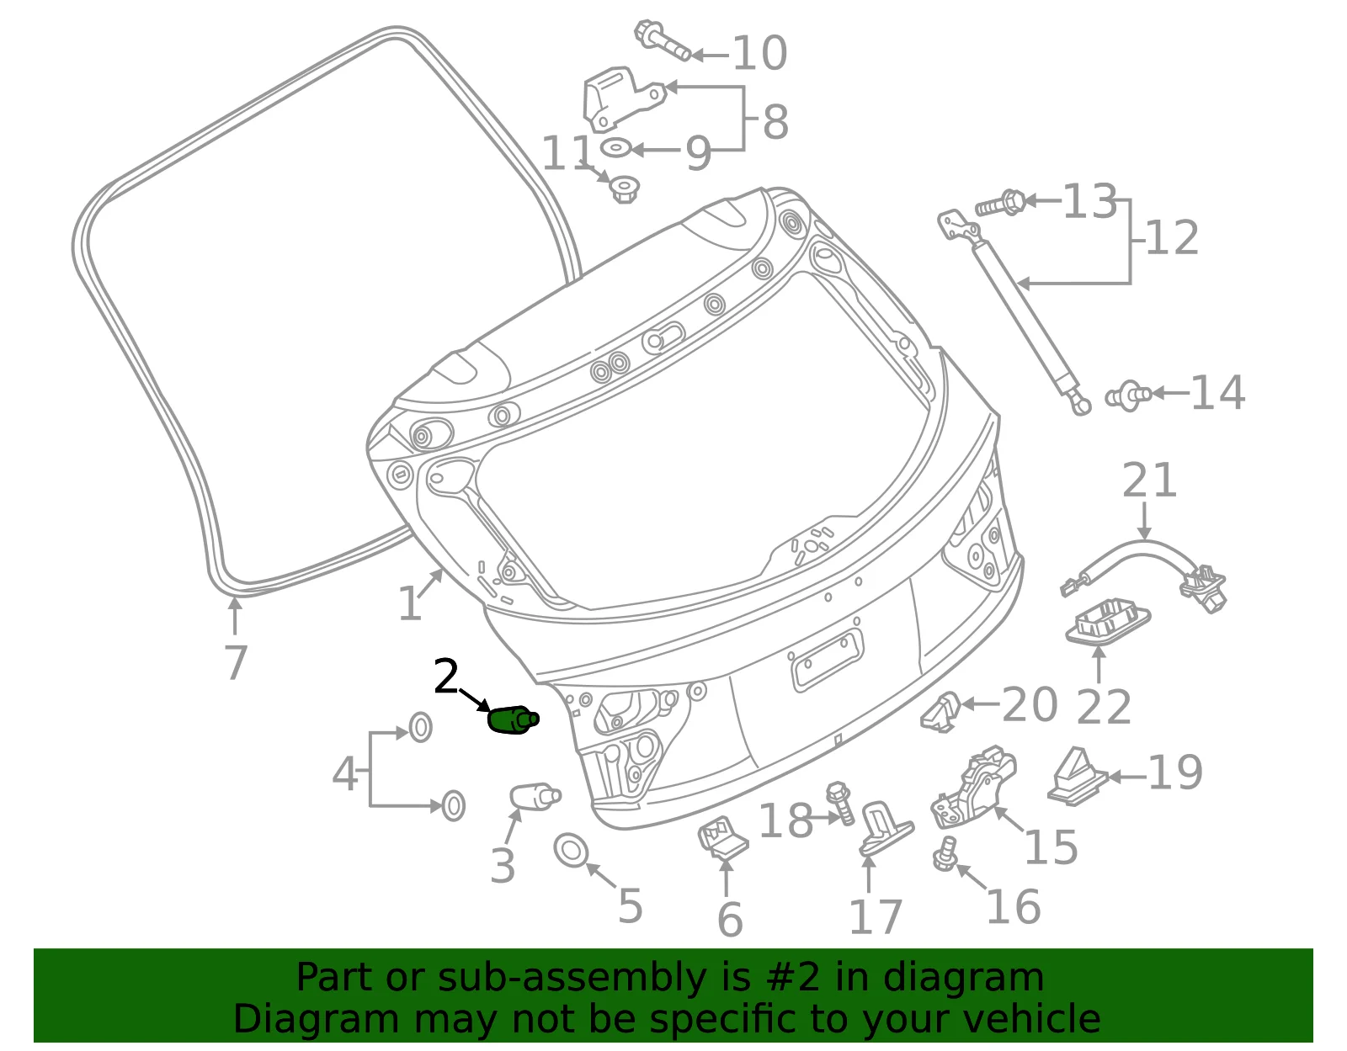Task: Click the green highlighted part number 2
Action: (x=513, y=719)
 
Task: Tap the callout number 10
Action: (x=759, y=53)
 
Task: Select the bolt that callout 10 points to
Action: (x=662, y=40)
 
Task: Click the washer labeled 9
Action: (x=615, y=149)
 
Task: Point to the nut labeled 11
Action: (x=624, y=188)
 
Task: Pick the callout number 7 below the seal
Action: (x=236, y=662)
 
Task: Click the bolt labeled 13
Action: (x=1000, y=203)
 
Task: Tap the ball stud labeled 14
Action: (x=1128, y=395)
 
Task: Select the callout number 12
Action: (x=1172, y=238)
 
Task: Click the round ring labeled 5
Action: (x=571, y=851)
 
